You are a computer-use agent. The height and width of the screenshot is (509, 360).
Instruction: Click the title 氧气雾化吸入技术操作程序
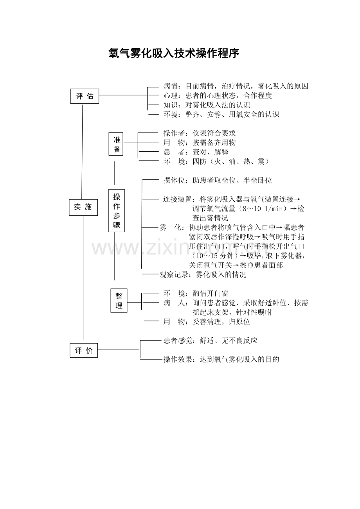(174, 53)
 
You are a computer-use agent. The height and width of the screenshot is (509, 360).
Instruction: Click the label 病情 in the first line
(171, 86)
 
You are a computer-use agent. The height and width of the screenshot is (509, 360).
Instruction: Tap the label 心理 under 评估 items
(171, 95)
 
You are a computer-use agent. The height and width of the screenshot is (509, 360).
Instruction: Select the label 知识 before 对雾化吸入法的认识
(171, 105)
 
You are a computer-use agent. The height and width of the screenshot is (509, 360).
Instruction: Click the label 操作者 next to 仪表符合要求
(174, 133)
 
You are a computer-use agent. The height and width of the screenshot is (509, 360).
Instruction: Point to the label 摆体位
(174, 180)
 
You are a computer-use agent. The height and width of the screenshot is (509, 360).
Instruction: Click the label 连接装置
(178, 199)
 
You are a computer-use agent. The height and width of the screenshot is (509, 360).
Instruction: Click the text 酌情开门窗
(211, 293)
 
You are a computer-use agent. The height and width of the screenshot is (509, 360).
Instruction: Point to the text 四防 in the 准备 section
(200, 161)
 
